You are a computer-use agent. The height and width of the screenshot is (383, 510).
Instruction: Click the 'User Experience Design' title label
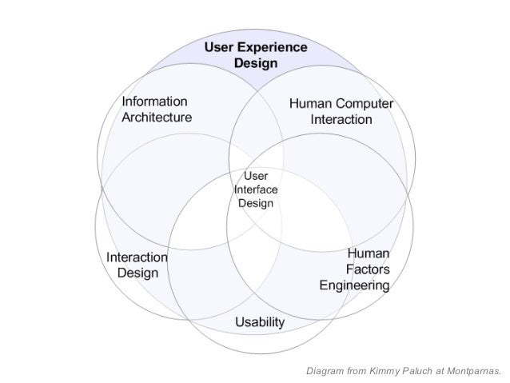click(256, 54)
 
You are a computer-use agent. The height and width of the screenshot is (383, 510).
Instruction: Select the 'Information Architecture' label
click(156, 110)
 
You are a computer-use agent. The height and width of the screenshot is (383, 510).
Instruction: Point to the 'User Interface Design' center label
click(256, 190)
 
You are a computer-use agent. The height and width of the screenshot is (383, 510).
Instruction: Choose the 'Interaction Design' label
click(137, 265)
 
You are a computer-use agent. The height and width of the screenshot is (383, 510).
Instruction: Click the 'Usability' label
click(260, 321)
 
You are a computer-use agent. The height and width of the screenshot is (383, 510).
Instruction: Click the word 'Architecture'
click(157, 118)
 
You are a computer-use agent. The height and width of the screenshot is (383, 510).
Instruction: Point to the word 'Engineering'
click(354, 285)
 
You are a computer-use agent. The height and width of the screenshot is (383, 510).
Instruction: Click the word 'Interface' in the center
click(256, 190)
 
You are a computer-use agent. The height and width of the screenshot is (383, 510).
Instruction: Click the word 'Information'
click(154, 102)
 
